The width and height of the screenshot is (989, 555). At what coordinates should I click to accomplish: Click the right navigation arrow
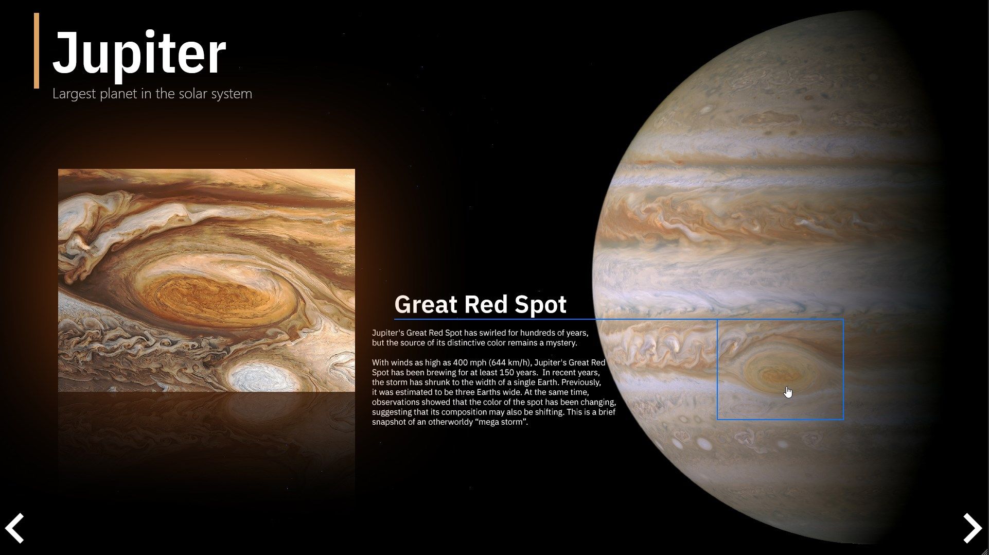972,528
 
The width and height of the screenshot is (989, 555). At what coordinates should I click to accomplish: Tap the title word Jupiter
139,53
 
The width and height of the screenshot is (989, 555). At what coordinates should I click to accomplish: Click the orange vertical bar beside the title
37,50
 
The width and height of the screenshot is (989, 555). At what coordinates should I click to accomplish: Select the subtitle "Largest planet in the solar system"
152,94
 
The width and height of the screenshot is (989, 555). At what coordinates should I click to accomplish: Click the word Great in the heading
426,304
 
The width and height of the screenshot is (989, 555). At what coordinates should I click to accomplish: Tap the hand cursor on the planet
788,392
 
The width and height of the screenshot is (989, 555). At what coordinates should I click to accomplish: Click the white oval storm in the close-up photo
264,378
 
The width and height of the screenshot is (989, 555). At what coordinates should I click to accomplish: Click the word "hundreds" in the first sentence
524,333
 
